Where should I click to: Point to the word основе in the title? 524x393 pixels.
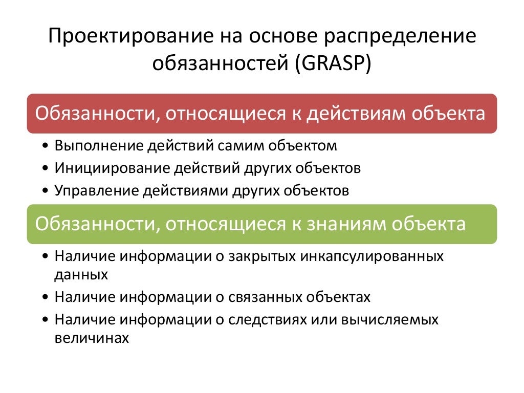278,37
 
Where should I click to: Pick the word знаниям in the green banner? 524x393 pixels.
352,224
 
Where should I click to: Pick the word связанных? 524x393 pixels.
267,297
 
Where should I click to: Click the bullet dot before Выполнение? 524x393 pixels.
47,146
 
